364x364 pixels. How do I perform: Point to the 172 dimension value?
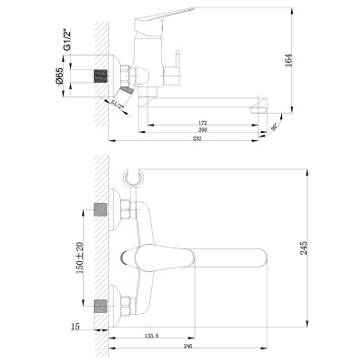[x=203, y=122]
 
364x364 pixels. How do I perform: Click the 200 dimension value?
[x=203, y=131]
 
